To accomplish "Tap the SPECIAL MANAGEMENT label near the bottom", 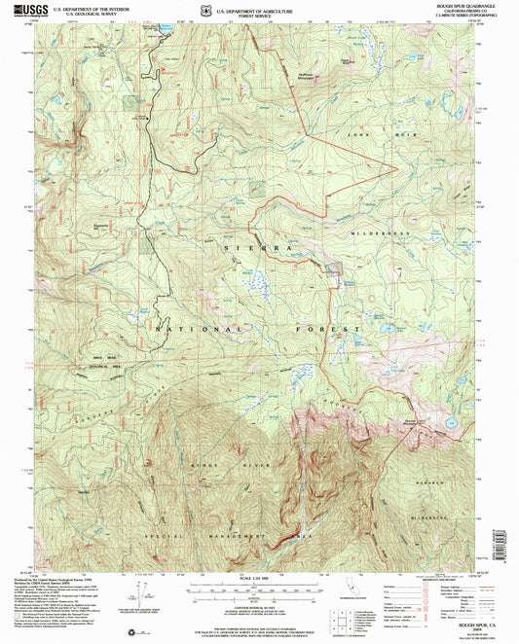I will click(x=214, y=535).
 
